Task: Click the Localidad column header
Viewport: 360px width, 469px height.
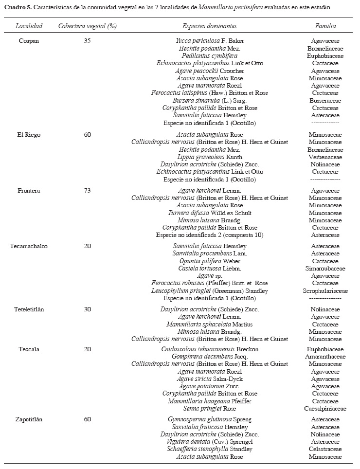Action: [x=29, y=26]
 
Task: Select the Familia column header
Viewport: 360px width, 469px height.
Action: [x=325, y=26]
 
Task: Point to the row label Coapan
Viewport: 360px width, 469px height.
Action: [x=29, y=41]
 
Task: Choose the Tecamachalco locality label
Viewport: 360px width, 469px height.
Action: [x=29, y=246]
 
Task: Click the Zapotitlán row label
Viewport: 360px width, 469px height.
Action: [x=29, y=419]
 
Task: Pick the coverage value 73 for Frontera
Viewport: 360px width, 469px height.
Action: [x=88, y=191]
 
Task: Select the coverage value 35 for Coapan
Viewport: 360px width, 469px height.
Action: [x=88, y=41]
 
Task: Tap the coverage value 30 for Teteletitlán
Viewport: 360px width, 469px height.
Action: [x=88, y=309]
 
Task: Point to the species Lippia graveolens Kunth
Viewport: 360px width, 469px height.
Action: [x=209, y=157]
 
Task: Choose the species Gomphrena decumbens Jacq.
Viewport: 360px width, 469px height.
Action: [x=209, y=357]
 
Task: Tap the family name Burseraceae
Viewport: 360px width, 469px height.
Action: [x=325, y=101]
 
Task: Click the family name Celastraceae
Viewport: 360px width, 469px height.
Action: [x=325, y=449]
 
